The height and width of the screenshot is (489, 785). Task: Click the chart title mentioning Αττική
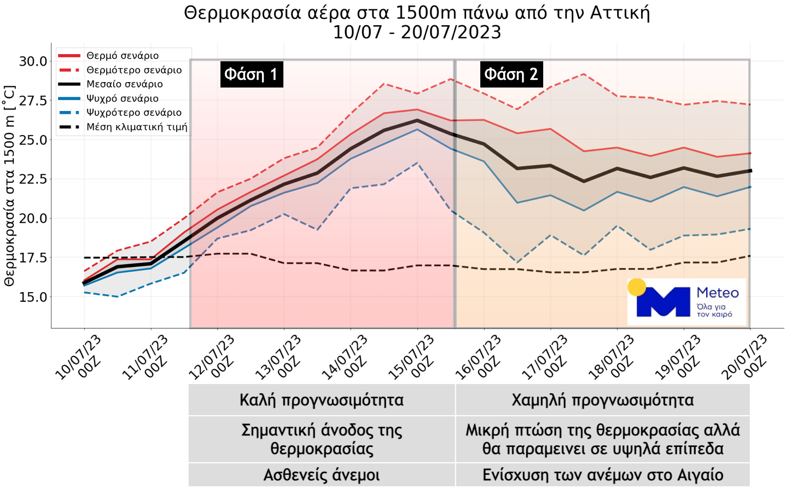pyautogui.click(x=417, y=13)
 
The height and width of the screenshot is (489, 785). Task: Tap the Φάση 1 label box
pyautogui.click(x=251, y=74)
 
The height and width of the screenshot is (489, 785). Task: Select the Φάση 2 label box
pyautogui.click(x=511, y=74)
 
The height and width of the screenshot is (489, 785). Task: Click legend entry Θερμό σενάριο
pyautogui.click(x=123, y=56)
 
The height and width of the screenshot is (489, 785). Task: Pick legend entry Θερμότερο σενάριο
pyautogui.click(x=134, y=70)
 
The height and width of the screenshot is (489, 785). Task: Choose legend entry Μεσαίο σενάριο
pyautogui.click(x=124, y=84)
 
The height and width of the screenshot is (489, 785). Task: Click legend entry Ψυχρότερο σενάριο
pyautogui.click(x=134, y=113)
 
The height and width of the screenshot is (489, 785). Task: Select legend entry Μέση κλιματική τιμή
pyautogui.click(x=137, y=127)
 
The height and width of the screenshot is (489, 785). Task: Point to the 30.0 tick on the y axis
pyautogui.click(x=33, y=61)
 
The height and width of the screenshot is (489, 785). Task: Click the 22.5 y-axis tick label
pyautogui.click(x=33, y=179)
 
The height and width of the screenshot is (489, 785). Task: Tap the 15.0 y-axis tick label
pyautogui.click(x=33, y=297)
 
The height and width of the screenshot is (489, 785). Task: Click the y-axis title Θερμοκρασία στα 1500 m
pyautogui.click(x=9, y=186)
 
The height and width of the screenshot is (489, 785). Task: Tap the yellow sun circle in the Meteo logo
pyautogui.click(x=637, y=287)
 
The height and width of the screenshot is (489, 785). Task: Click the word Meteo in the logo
pyautogui.click(x=717, y=293)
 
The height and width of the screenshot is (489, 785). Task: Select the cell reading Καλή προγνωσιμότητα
pyautogui.click(x=322, y=400)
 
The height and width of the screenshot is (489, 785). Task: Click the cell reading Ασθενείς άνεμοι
pyautogui.click(x=322, y=475)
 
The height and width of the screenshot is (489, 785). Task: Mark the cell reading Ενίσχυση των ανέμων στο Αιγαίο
pyautogui.click(x=602, y=475)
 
